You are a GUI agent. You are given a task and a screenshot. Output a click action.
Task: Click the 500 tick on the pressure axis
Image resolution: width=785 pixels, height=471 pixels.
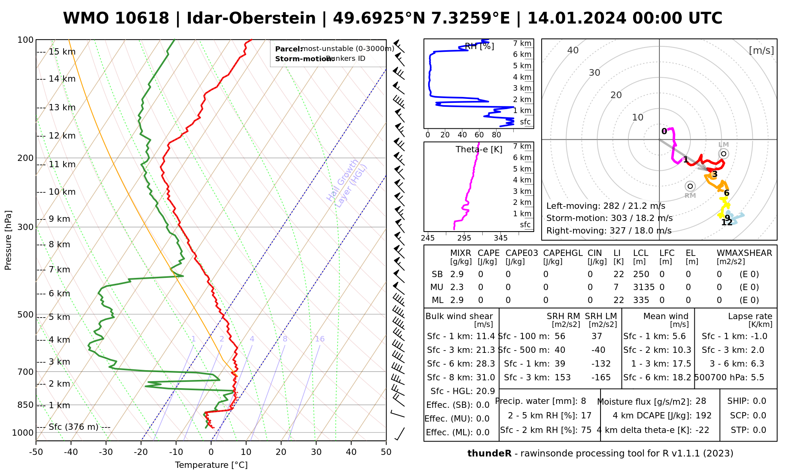[x=26, y=315]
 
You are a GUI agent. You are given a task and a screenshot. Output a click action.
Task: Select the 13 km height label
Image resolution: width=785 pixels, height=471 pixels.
[x=62, y=108]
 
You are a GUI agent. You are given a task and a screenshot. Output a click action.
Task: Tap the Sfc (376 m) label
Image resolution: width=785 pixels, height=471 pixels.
[x=73, y=427]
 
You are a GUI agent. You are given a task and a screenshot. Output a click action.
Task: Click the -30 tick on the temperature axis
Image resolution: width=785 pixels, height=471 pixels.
[x=106, y=452]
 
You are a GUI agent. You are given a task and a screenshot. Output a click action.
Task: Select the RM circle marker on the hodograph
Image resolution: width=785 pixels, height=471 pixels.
[x=690, y=186]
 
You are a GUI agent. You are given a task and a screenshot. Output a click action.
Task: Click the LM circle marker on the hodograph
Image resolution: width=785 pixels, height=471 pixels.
[x=723, y=154]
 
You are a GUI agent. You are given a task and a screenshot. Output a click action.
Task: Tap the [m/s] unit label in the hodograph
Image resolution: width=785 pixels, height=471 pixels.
[x=761, y=51]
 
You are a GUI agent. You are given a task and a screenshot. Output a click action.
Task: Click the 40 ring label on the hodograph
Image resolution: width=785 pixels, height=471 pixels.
[x=573, y=50]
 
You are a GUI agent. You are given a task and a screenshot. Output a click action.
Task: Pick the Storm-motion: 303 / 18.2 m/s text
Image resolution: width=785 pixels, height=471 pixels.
[x=609, y=218]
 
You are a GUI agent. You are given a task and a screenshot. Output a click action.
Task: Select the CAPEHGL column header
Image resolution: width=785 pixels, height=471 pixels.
[x=562, y=253]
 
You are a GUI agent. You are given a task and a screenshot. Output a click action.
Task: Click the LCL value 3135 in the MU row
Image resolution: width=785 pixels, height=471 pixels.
[x=644, y=287]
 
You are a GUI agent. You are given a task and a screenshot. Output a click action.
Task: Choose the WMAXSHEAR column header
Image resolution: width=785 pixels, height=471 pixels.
[x=744, y=253]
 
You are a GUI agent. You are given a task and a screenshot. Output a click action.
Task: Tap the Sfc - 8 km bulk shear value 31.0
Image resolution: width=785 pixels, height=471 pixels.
[x=485, y=378]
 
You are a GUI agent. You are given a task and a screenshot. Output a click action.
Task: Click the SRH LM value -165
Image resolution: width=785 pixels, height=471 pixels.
[x=601, y=378]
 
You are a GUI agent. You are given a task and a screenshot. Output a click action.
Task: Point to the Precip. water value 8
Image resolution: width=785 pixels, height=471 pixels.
[x=583, y=401]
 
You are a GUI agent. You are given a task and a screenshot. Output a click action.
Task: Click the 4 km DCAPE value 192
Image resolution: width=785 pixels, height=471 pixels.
[x=703, y=416]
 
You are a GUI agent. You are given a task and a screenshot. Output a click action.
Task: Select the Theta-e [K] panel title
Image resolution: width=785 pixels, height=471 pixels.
[x=479, y=150]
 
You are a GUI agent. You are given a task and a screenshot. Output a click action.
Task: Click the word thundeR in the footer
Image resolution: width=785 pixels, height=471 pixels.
[x=489, y=454]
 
